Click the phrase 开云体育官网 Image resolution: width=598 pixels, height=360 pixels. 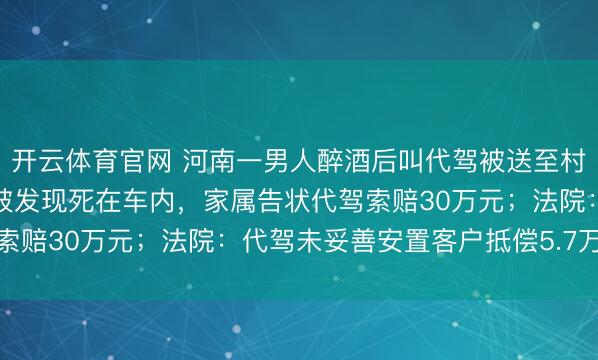coord(91,161)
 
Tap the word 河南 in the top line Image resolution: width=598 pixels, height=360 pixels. coord(211,161)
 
